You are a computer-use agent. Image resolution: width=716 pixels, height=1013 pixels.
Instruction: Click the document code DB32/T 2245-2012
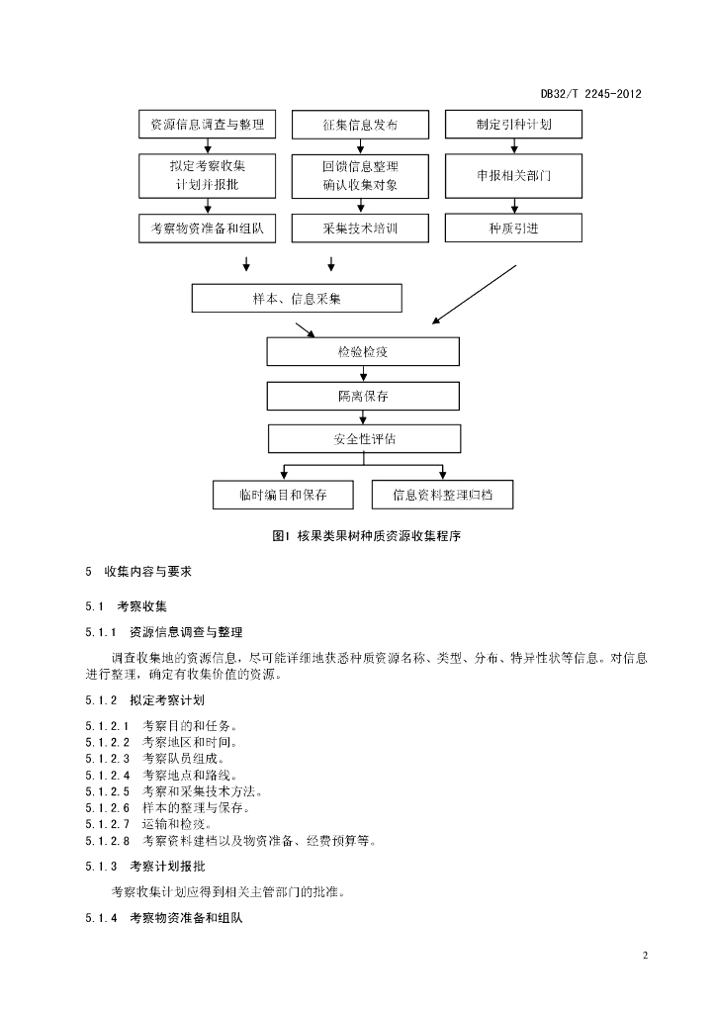pyautogui.click(x=590, y=94)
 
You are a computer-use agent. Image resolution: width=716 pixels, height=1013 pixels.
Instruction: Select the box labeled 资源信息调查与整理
pyautogui.click(x=208, y=124)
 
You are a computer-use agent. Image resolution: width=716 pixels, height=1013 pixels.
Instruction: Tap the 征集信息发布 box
pyautogui.click(x=360, y=125)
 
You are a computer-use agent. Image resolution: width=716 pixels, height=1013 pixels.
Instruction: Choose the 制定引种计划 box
pyautogui.click(x=513, y=124)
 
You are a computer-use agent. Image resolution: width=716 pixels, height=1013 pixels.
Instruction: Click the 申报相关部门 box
pyautogui.click(x=513, y=176)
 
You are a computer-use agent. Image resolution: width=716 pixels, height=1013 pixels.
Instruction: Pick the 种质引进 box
pyautogui.click(x=513, y=229)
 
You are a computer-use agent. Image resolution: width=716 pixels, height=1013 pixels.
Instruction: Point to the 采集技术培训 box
pyautogui.click(x=360, y=229)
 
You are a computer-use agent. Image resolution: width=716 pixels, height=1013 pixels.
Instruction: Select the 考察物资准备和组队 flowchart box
pyautogui.click(x=208, y=229)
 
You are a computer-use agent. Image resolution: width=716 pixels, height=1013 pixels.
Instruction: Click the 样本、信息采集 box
pyautogui.click(x=297, y=299)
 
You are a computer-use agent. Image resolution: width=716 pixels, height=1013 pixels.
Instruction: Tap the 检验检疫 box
pyautogui.click(x=363, y=351)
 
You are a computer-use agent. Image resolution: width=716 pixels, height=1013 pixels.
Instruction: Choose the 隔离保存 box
pyautogui.click(x=363, y=396)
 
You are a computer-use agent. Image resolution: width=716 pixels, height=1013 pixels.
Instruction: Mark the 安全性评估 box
pyautogui.click(x=365, y=439)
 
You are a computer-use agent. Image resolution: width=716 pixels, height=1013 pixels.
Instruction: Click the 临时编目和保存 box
pyautogui.click(x=284, y=495)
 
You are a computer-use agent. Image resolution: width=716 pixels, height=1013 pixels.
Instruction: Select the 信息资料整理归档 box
pyautogui.click(x=442, y=495)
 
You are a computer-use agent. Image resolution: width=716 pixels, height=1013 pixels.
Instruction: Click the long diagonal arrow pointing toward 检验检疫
pyautogui.click(x=475, y=294)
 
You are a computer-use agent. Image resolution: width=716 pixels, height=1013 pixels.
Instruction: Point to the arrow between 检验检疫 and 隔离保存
pyautogui.click(x=363, y=374)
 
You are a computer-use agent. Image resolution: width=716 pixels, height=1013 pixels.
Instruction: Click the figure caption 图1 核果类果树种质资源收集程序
pyautogui.click(x=367, y=536)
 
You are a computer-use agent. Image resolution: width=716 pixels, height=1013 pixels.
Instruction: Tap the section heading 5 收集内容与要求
pyautogui.click(x=138, y=572)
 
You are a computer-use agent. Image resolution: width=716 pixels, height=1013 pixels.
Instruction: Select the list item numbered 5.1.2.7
pyautogui.click(x=148, y=824)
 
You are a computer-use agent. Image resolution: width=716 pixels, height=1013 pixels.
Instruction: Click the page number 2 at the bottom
pyautogui.click(x=645, y=956)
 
